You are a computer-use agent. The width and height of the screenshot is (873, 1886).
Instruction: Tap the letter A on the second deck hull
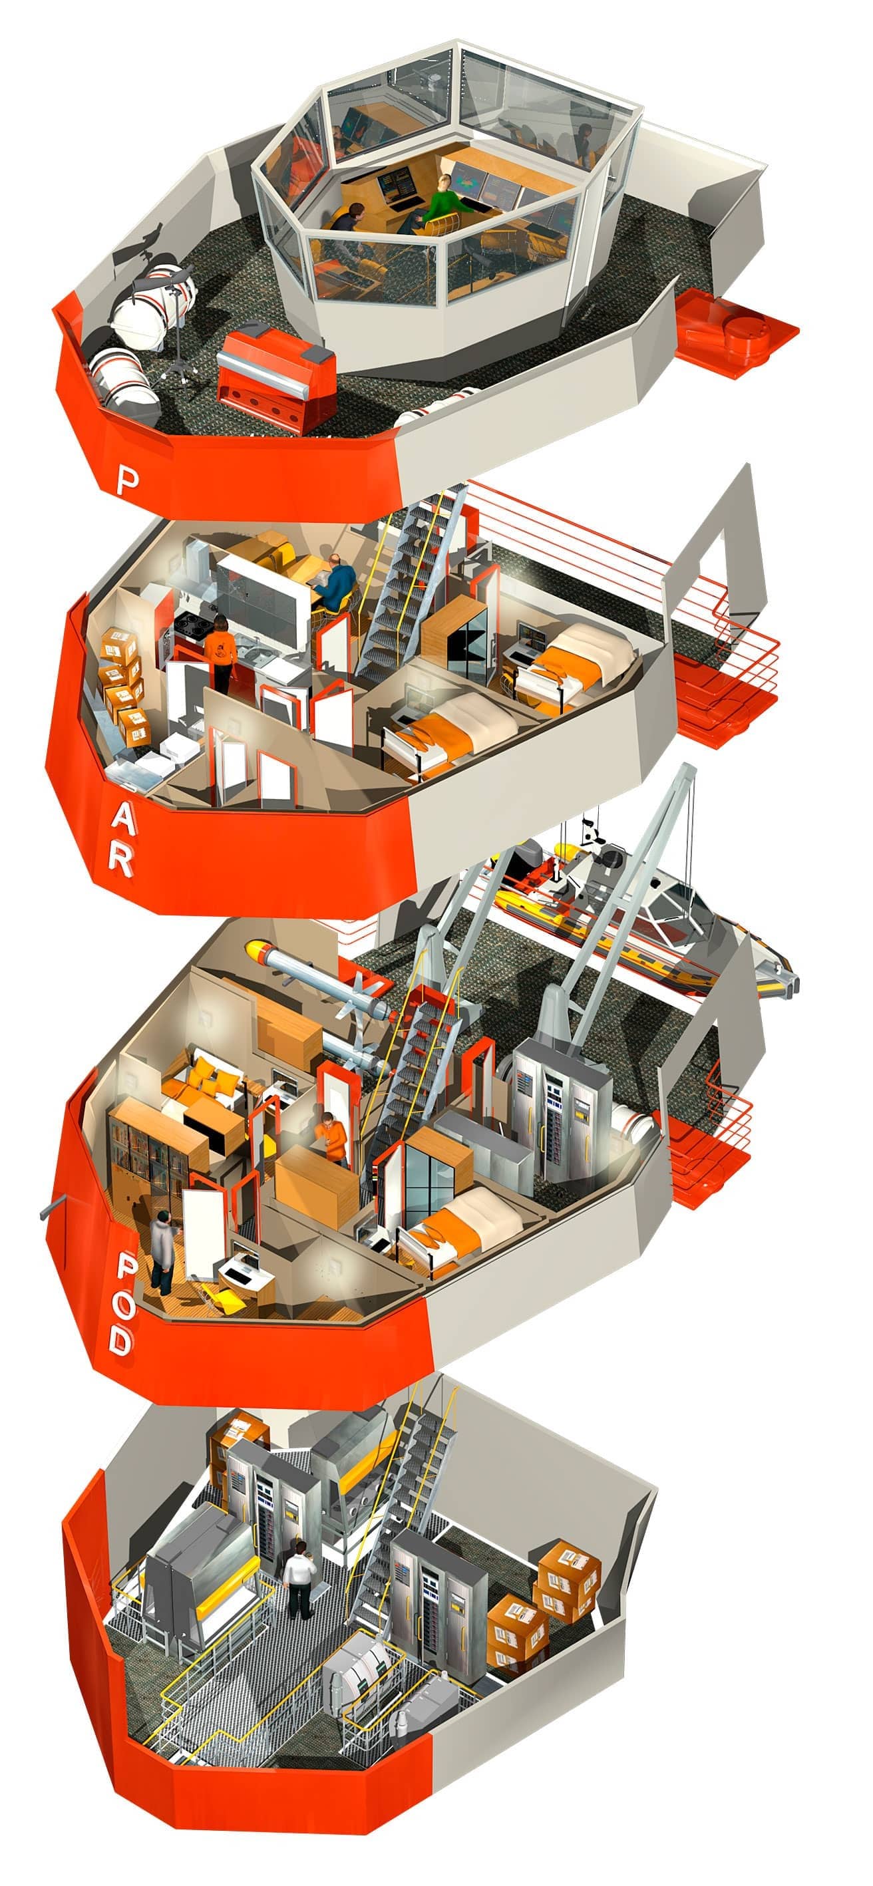coord(123,823)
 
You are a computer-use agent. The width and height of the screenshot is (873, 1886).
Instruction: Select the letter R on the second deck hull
coord(121,861)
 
